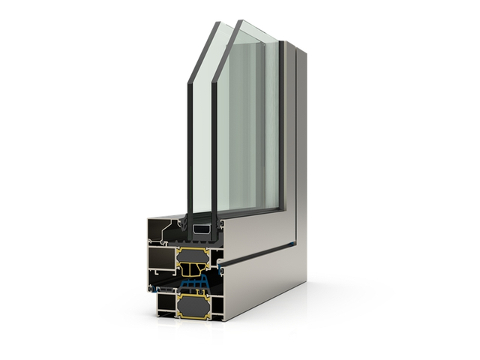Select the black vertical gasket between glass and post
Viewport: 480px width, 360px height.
point(281,127)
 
